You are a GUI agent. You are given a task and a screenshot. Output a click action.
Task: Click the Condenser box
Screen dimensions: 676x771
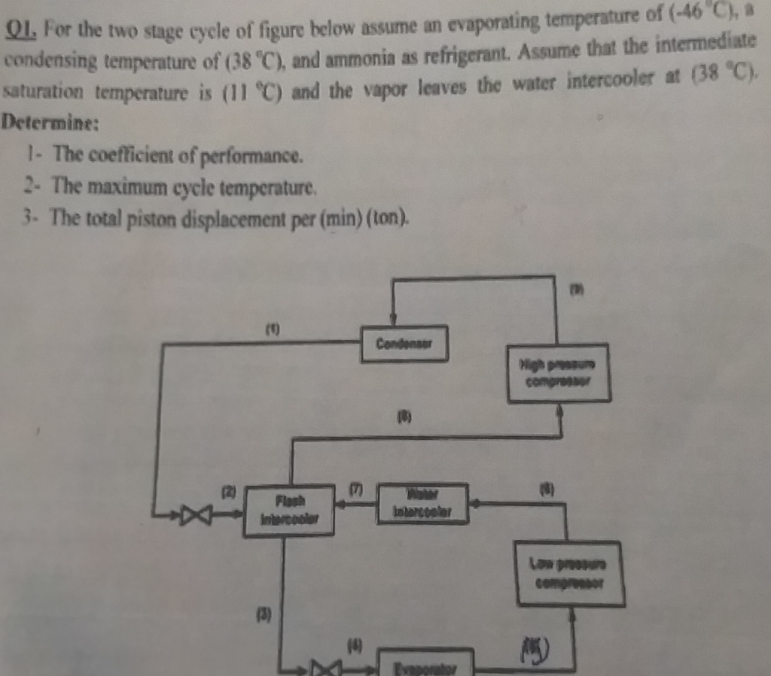point(404,344)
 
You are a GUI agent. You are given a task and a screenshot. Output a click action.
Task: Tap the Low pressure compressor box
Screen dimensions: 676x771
point(569,574)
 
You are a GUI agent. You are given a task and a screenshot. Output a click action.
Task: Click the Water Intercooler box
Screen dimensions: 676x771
point(423,503)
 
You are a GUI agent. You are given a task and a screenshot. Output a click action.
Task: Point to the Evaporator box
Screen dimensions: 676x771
point(425,665)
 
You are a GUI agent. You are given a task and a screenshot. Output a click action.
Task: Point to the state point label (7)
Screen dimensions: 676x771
point(355,489)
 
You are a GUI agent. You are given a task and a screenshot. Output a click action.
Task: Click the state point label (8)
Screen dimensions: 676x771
point(405,416)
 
